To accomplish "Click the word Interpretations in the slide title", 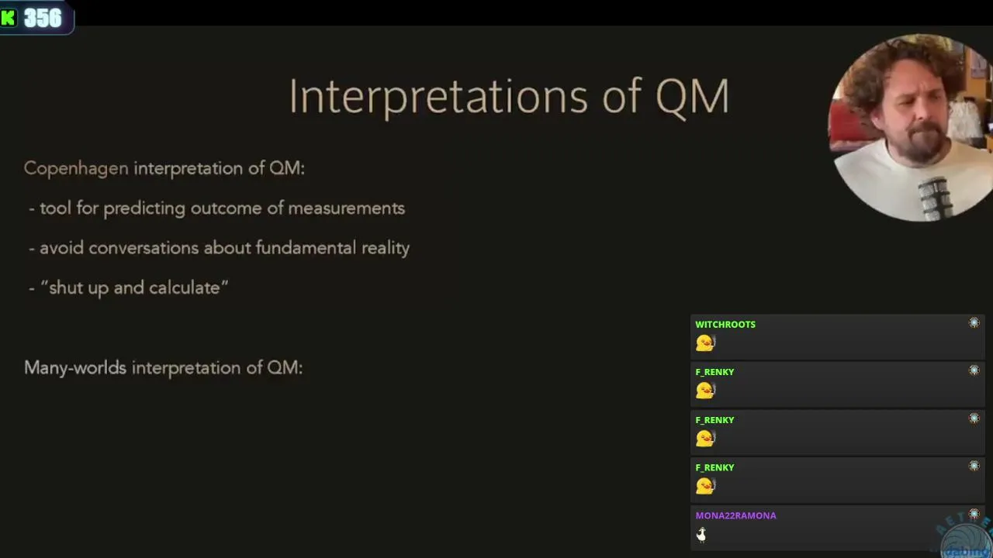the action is click(x=438, y=97).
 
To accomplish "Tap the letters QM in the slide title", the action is click(x=692, y=97).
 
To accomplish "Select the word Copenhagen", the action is click(x=76, y=169).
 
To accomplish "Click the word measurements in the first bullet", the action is click(x=346, y=208).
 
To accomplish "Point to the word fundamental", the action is click(x=306, y=247).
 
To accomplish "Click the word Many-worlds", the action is click(x=75, y=368).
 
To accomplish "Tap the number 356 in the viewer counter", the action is click(x=43, y=18).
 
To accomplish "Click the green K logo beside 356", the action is click(x=9, y=18).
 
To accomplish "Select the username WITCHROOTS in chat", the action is click(x=725, y=325).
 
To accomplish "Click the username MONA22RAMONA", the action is click(x=736, y=515).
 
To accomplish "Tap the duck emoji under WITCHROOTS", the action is click(x=705, y=343).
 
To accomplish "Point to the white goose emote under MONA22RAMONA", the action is click(x=701, y=535).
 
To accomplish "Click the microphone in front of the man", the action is click(x=936, y=199).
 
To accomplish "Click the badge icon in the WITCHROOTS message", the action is click(x=974, y=323).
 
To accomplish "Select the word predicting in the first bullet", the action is click(x=144, y=208).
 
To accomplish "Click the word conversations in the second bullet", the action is click(x=144, y=248).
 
